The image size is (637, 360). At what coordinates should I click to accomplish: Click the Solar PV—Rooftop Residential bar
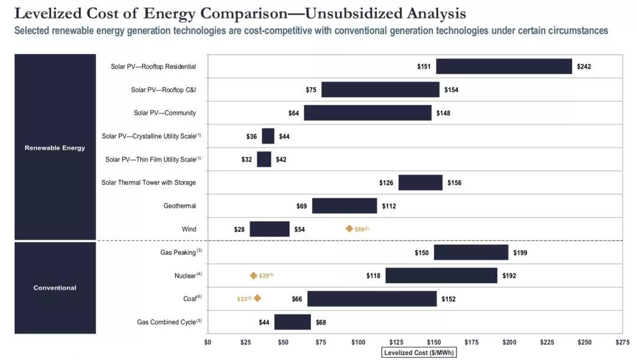pyautogui.click(x=504, y=66)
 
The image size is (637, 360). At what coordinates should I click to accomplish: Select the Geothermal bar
pyautogui.click(x=344, y=206)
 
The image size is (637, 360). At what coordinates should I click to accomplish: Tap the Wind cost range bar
pyautogui.click(x=270, y=229)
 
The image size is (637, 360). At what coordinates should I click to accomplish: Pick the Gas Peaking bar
pyautogui.click(x=471, y=253)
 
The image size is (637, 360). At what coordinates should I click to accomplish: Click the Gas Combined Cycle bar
pyautogui.click(x=292, y=322)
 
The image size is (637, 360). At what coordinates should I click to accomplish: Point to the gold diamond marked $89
pyautogui.click(x=349, y=228)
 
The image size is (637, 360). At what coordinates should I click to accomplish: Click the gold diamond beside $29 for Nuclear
pyautogui.click(x=254, y=276)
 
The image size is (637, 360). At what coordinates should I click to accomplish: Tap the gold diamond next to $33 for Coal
pyautogui.click(x=257, y=299)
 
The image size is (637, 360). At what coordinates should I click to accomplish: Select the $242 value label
pyautogui.click(x=584, y=67)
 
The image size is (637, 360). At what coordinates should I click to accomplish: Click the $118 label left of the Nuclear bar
pyautogui.click(x=373, y=276)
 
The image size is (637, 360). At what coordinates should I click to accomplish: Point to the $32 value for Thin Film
pyautogui.click(x=247, y=159)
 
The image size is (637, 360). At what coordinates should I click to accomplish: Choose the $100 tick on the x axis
pyautogui.click(x=358, y=342)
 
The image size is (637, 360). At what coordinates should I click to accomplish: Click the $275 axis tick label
pyautogui.click(x=622, y=342)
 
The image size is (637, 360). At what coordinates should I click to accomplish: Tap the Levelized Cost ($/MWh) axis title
pyautogui.click(x=419, y=353)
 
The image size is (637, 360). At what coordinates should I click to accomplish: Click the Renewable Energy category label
pyautogui.click(x=55, y=148)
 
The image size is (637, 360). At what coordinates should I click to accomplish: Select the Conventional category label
pyautogui.click(x=55, y=288)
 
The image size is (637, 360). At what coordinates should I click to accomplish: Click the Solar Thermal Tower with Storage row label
pyautogui.click(x=149, y=183)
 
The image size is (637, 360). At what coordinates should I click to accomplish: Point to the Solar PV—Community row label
pyautogui.click(x=165, y=113)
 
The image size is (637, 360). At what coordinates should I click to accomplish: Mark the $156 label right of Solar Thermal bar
pyautogui.click(x=455, y=183)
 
